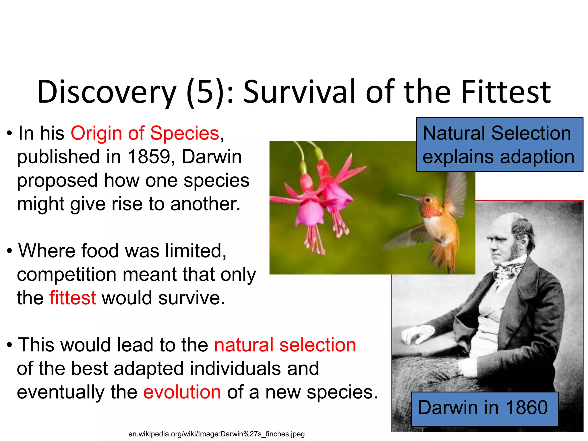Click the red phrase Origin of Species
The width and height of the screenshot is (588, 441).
click(x=145, y=133)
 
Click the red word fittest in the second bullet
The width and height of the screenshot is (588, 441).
click(x=72, y=298)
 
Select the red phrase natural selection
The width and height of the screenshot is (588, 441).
click(x=285, y=345)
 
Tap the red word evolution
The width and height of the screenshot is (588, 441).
click(x=182, y=392)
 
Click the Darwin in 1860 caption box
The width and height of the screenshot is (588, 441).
click(x=485, y=408)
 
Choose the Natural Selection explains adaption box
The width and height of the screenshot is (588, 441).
click(x=499, y=145)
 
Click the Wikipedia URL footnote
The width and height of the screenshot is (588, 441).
click(x=216, y=434)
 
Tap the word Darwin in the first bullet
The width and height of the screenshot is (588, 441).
click(x=211, y=157)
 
